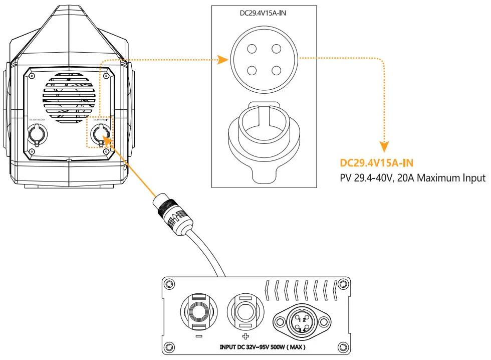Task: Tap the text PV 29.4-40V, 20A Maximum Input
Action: point(412,177)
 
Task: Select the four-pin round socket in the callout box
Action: point(264,60)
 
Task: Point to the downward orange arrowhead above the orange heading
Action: point(384,147)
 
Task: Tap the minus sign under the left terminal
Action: point(199,337)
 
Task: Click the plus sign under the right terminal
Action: point(245,337)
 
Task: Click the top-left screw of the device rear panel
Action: point(33,76)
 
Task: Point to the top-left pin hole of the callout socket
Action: point(252,49)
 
